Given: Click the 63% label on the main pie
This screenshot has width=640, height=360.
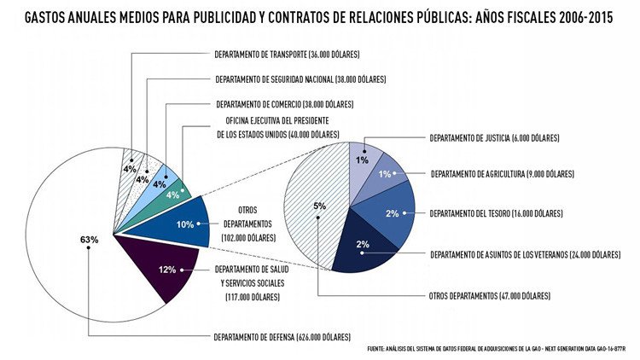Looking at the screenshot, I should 90,240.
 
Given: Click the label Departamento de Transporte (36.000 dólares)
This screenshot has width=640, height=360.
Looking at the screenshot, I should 287,55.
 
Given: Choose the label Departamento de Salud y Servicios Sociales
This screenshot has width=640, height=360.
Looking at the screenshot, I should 257,282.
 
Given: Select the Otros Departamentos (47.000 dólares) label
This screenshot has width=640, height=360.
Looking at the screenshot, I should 489,296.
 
